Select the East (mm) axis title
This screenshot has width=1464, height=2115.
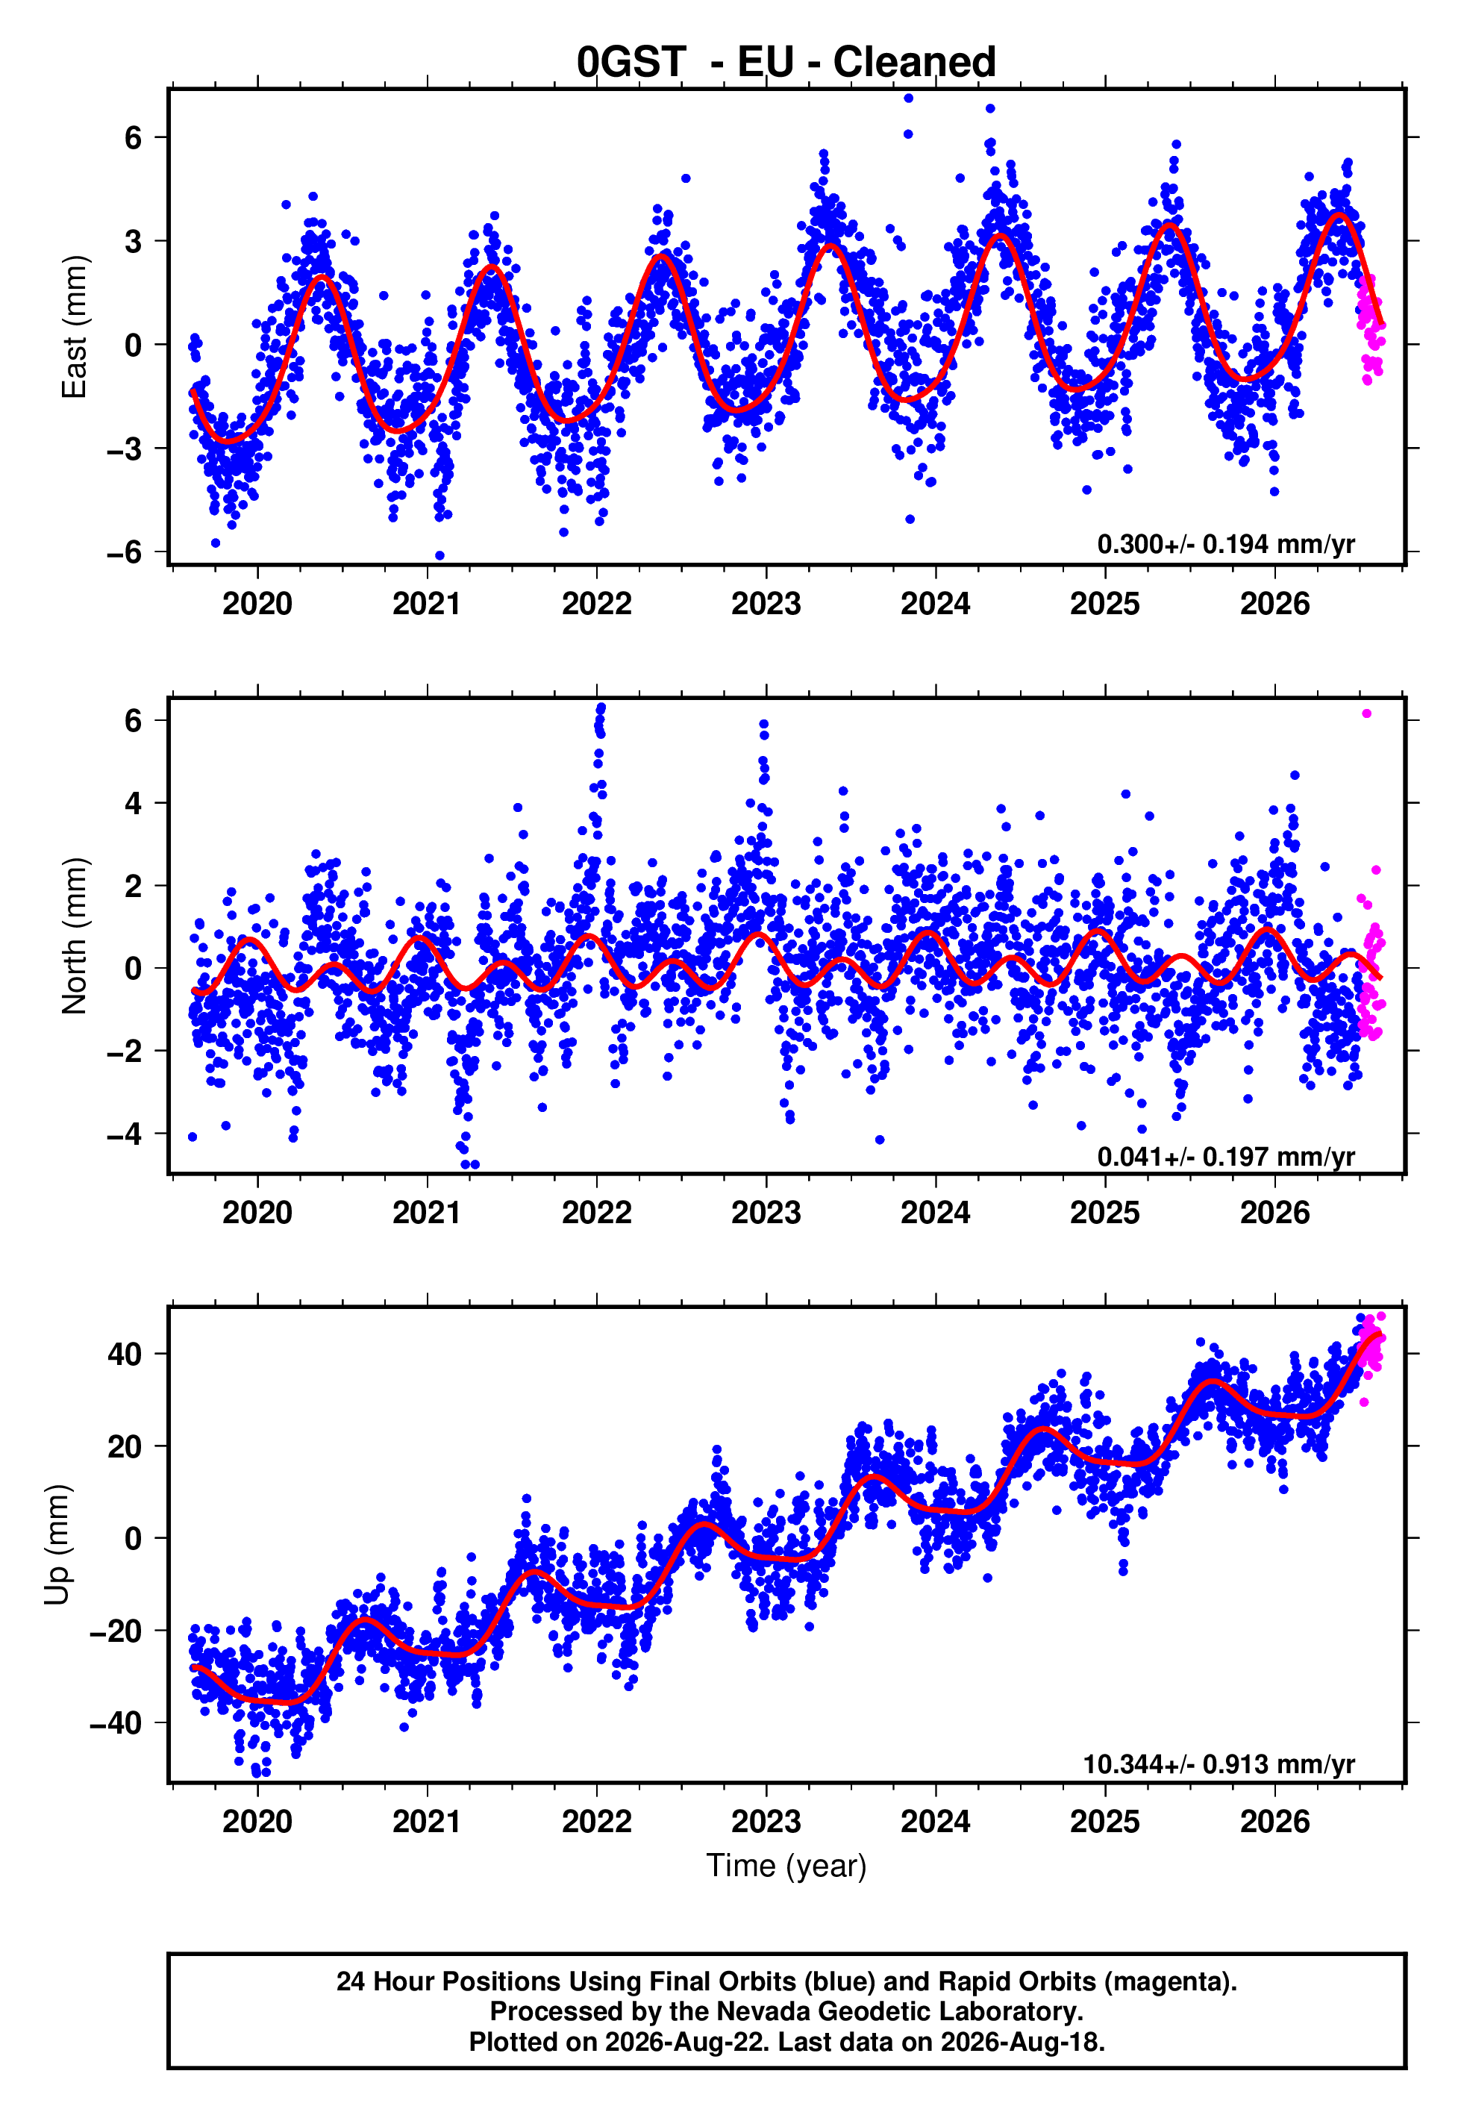pyautogui.click(x=75, y=327)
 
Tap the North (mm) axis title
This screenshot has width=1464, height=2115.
pyautogui.click(x=75, y=936)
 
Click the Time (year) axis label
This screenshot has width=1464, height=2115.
pyautogui.click(x=786, y=1866)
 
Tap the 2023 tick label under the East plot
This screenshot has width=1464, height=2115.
pyautogui.click(x=766, y=604)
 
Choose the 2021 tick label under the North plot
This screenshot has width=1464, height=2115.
pyautogui.click(x=427, y=1213)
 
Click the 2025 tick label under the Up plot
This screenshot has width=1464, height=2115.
pyautogui.click(x=1104, y=1822)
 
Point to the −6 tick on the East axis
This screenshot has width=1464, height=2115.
pyautogui.click(x=124, y=552)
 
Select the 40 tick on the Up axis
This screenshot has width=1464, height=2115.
pyautogui.click(x=125, y=1354)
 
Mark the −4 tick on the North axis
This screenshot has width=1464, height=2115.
pyautogui.click(x=124, y=1134)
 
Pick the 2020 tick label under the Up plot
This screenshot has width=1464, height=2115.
pyautogui.click(x=257, y=1822)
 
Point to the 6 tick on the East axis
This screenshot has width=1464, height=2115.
pyautogui.click(x=134, y=137)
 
